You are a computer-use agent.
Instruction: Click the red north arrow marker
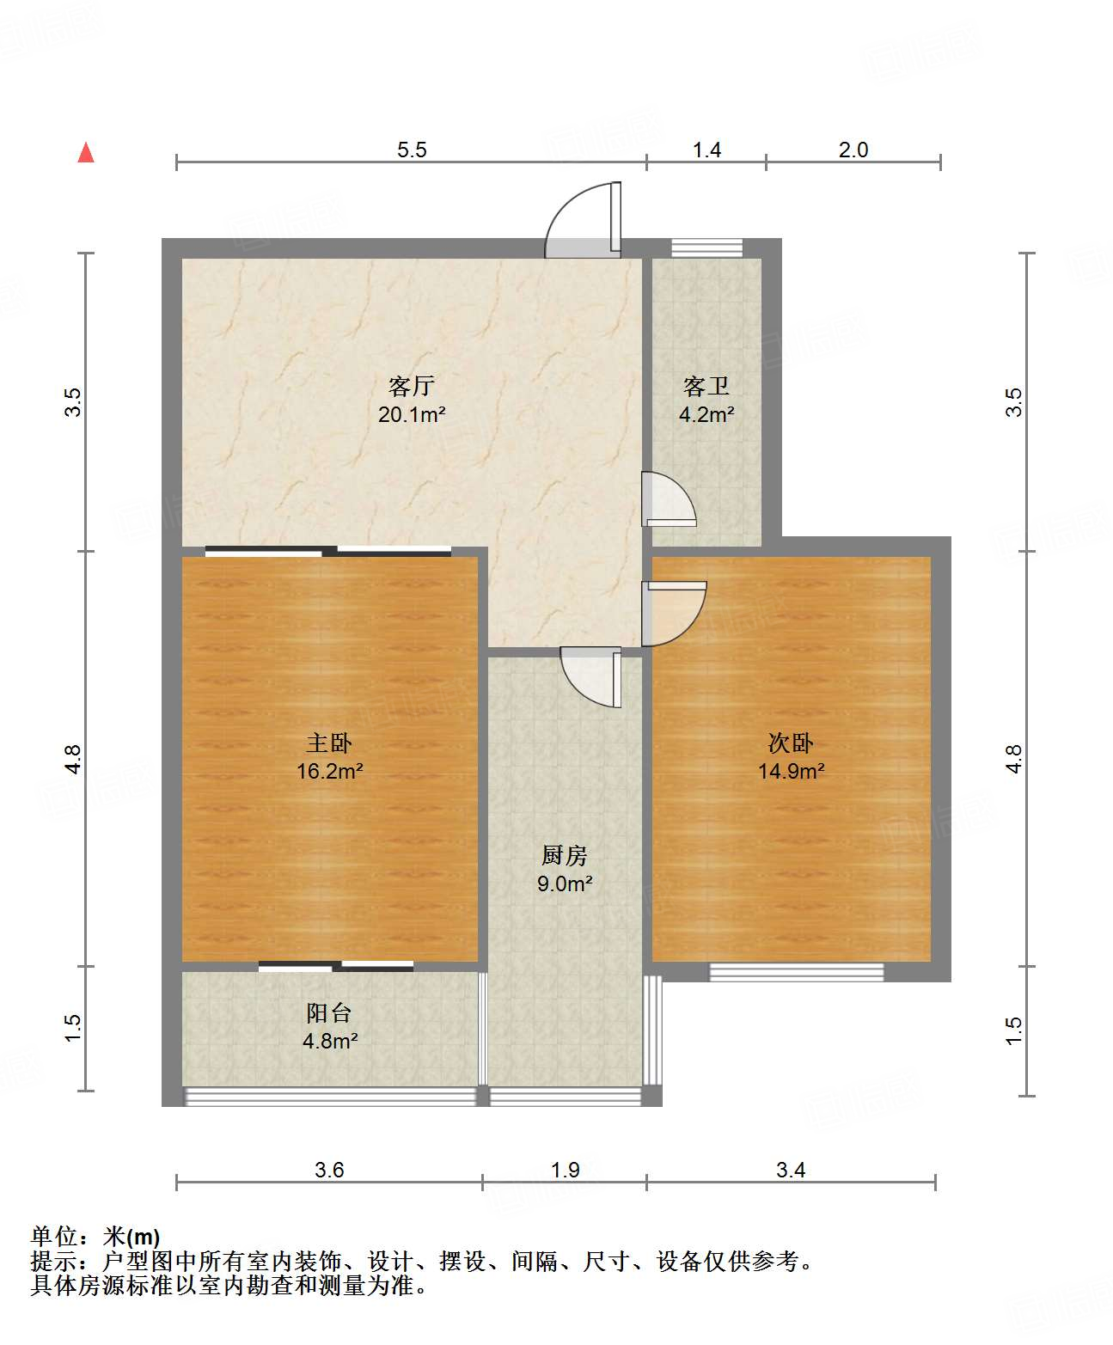(86, 152)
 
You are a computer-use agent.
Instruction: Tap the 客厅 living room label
(411, 386)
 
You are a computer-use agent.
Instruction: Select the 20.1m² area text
(412, 414)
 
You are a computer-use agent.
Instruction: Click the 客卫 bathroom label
(706, 386)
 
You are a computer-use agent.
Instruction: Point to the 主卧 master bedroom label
(329, 743)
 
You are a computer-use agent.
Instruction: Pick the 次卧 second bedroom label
(791, 743)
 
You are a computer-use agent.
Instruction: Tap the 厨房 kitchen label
(565, 855)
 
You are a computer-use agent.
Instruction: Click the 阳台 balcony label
(329, 1013)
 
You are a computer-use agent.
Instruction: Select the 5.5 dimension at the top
(412, 150)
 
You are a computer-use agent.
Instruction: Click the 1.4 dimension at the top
(706, 150)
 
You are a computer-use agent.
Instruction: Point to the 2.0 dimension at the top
(853, 150)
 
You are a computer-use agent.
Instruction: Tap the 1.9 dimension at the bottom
(565, 1170)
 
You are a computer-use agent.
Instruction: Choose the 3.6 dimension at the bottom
(329, 1170)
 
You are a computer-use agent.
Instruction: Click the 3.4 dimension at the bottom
(791, 1170)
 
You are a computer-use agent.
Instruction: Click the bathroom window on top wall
(706, 248)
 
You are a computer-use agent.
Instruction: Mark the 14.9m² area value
(791, 771)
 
